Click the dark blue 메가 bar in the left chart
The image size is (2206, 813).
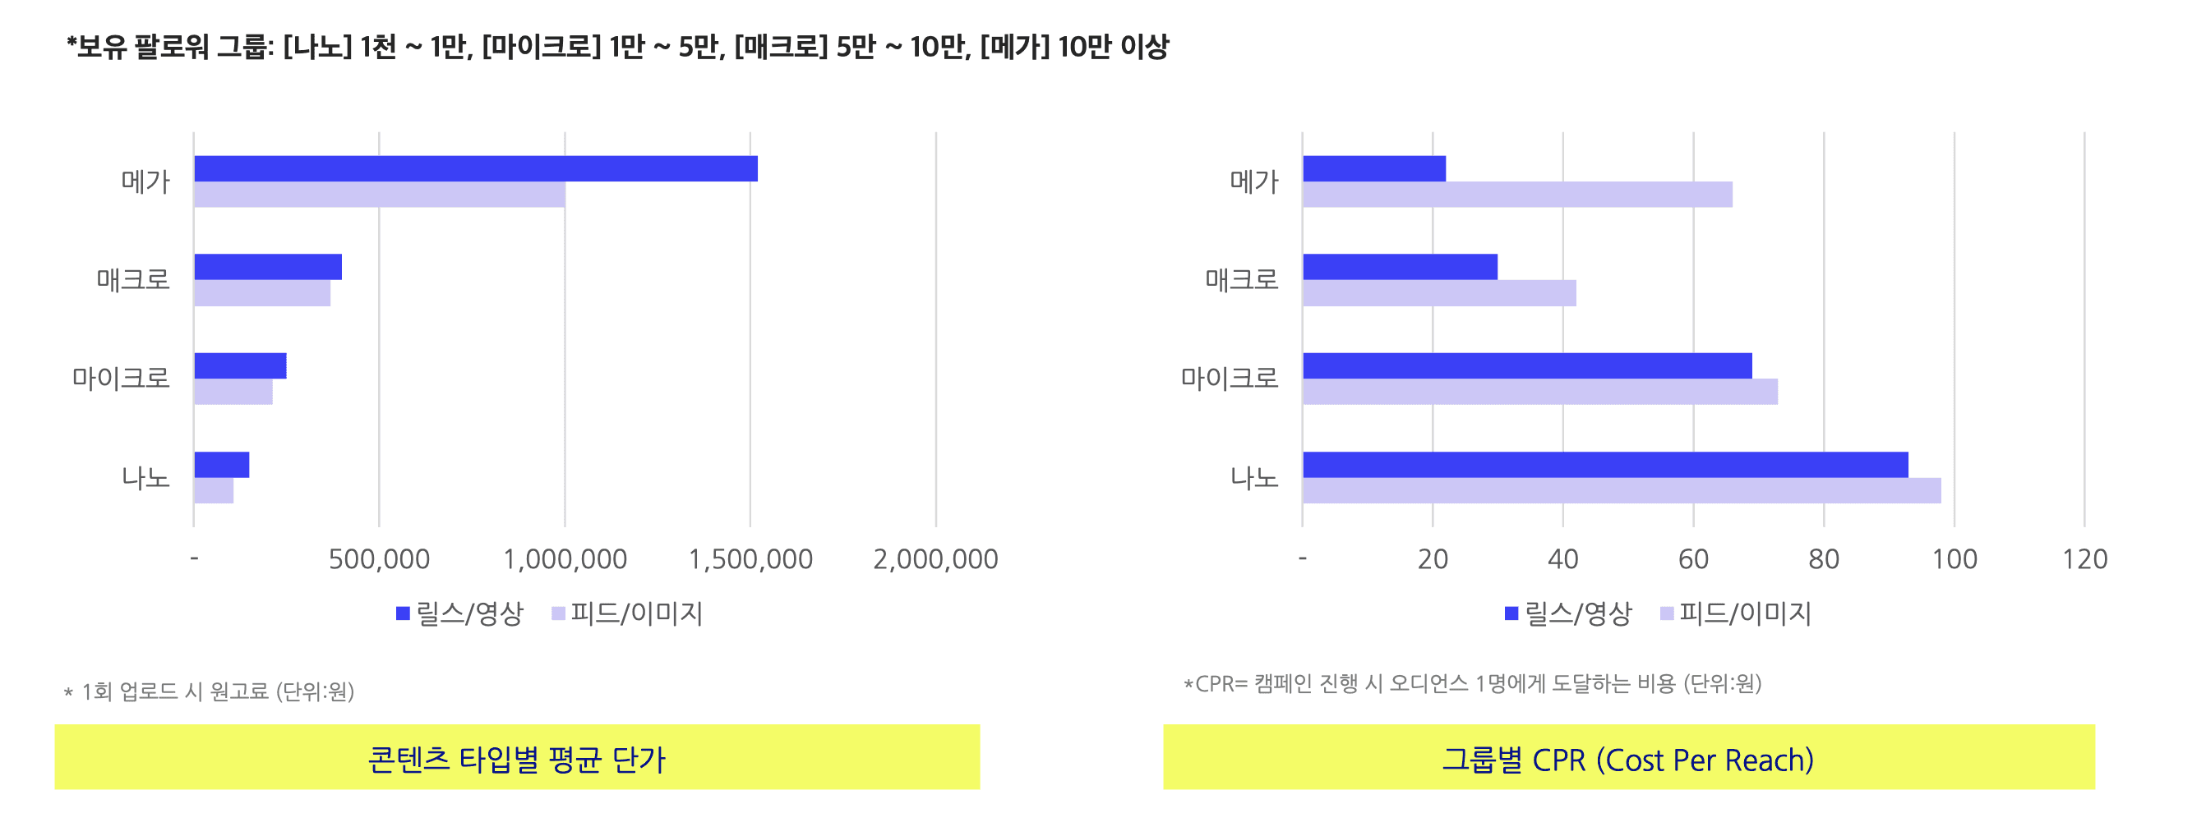476,168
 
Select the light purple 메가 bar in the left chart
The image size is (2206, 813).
380,195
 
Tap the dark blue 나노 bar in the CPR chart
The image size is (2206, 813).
1606,465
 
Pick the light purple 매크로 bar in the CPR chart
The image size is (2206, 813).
1439,292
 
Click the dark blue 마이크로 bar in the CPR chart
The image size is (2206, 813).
1528,365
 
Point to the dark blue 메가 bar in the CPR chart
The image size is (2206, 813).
1374,168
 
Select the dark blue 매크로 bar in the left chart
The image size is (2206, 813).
268,267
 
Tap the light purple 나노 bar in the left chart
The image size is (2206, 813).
214,490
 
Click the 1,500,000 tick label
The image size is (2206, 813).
750,558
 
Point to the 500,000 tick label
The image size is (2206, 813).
380,558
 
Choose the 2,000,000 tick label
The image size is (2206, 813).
936,558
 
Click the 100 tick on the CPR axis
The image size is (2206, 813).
1954,558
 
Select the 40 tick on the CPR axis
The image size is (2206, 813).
1563,558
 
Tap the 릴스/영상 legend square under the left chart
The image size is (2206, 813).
403,613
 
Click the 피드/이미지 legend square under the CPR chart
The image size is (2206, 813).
1667,613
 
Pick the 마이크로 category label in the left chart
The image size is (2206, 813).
121,378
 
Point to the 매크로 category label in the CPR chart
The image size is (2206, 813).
1242,279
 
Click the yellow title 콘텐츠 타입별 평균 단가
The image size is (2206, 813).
517,758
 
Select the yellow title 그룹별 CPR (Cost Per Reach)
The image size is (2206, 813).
1629,758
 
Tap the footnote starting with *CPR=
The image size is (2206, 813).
1472,684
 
